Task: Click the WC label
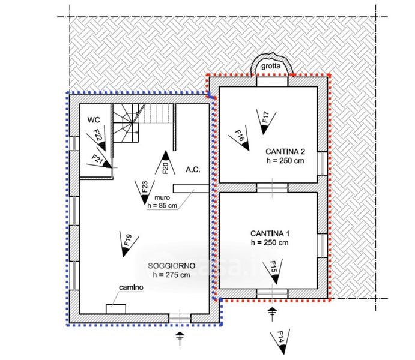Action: coord(93,119)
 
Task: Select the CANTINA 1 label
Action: coord(270,233)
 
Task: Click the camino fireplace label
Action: coord(130,288)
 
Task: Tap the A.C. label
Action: coord(193,169)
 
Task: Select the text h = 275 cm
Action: coord(171,275)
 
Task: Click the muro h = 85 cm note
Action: coord(162,202)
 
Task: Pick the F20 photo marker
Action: coord(166,164)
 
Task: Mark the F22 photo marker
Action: coord(99,137)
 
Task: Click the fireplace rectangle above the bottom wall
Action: coord(116,308)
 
